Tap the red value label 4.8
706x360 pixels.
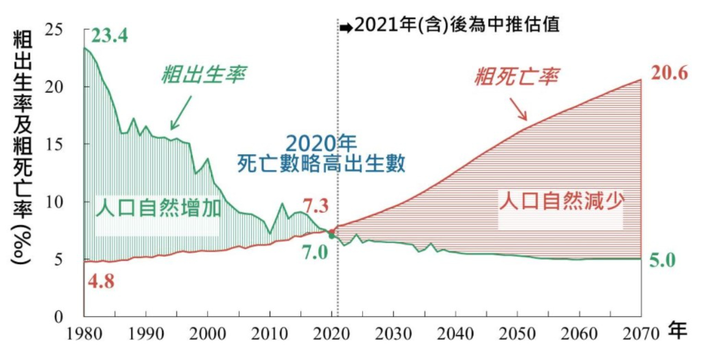click(x=101, y=280)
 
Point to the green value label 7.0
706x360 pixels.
click(x=315, y=252)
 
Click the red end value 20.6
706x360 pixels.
click(x=669, y=74)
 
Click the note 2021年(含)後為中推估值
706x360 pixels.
click(x=457, y=25)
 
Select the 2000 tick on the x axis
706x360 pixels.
click(x=208, y=333)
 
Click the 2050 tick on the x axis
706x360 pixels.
click(x=518, y=333)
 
